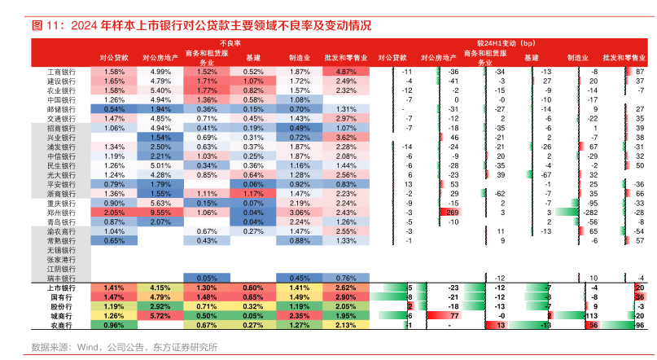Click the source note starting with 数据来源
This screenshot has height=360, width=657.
coord(125,347)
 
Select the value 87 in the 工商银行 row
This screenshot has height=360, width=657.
coord(640,72)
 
